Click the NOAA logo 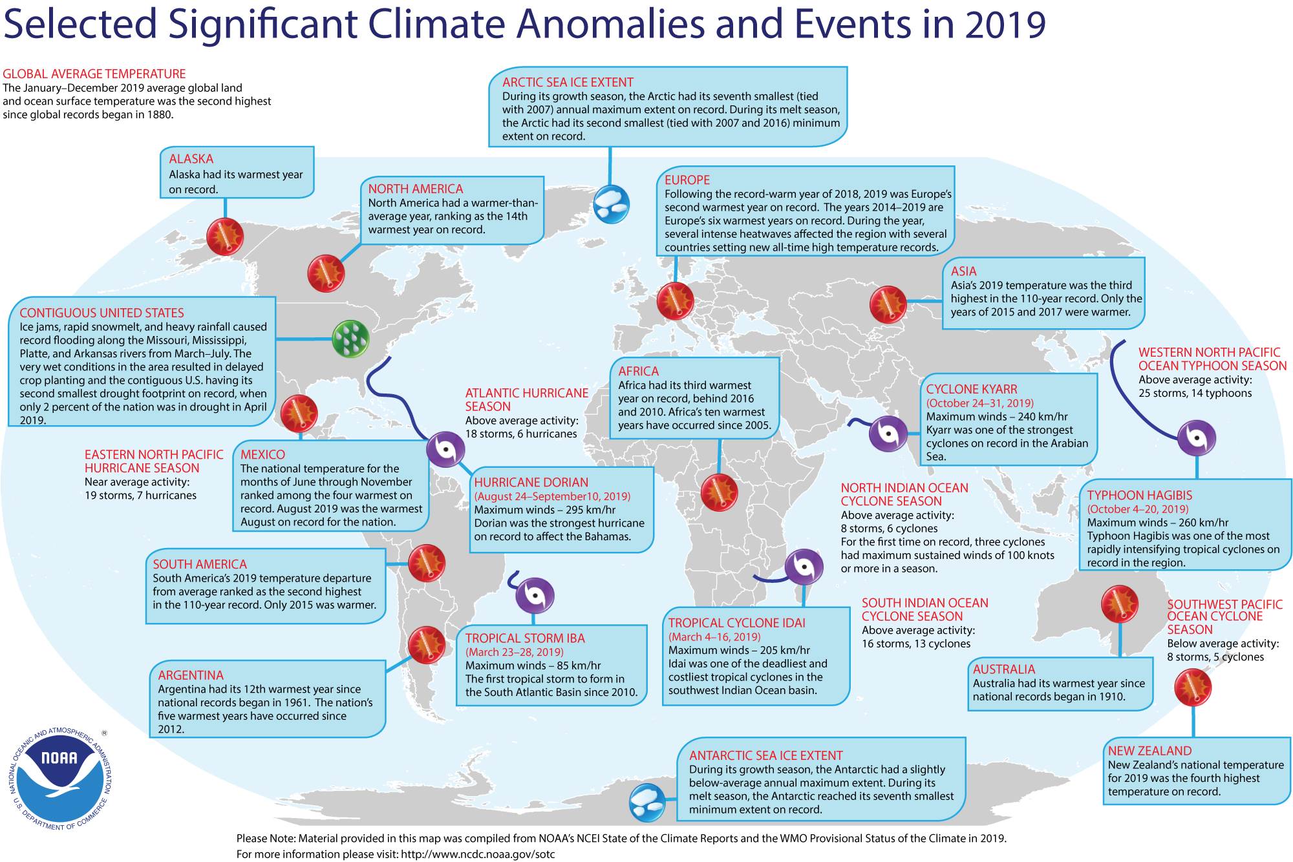point(60,779)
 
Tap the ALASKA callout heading point(191,159)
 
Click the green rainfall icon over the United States point(350,338)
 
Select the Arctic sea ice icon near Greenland point(611,204)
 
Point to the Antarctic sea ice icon point(646,803)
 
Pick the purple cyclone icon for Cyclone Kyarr point(888,434)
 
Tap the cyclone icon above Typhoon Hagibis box point(1196,437)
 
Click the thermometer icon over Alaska point(225,236)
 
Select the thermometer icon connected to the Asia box point(888,304)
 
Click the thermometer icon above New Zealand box point(1192,688)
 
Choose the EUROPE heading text point(687,180)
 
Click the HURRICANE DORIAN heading point(531,483)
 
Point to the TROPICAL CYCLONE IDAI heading point(736,623)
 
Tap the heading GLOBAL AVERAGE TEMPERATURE point(94,74)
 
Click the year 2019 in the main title point(1005,25)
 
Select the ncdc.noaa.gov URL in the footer point(478,854)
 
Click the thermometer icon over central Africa point(719,492)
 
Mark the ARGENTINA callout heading point(191,675)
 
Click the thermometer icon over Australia point(1119,604)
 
